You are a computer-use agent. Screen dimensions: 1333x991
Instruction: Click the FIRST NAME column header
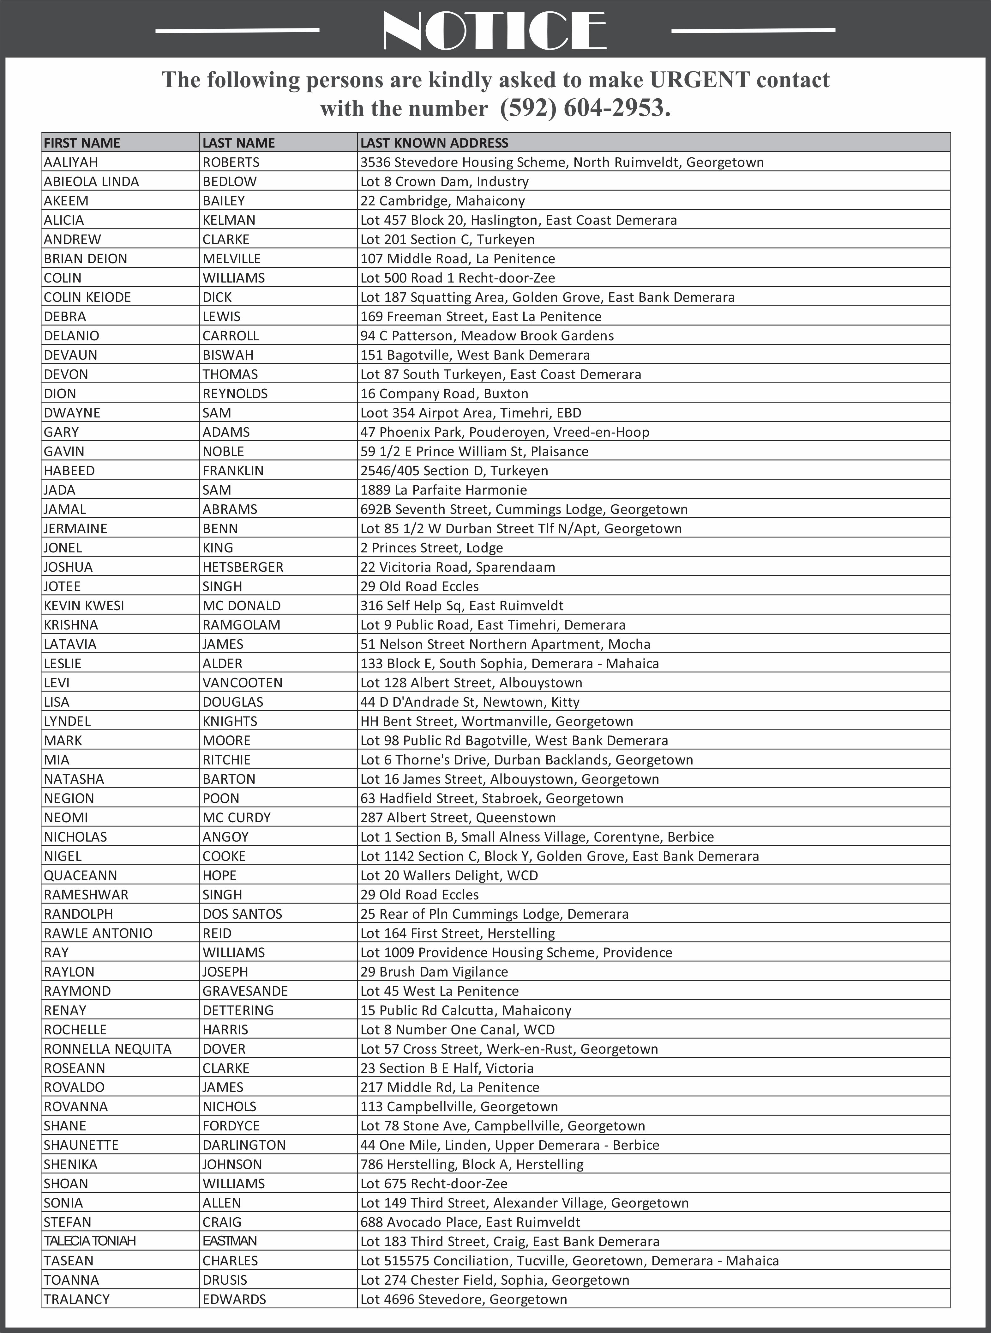click(x=82, y=143)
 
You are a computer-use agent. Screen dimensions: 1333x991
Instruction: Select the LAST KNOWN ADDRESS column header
click(x=434, y=143)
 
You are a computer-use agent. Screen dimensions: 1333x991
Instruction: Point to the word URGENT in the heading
click(x=700, y=80)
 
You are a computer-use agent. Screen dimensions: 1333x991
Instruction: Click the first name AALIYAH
click(x=71, y=162)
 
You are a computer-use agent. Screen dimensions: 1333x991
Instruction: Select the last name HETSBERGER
click(x=243, y=567)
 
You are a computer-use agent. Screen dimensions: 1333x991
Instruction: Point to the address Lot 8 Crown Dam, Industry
click(x=445, y=181)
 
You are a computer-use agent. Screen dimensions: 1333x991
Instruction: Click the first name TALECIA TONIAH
click(x=90, y=1241)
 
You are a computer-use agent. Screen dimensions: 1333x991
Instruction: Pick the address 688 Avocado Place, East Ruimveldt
click(x=470, y=1222)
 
